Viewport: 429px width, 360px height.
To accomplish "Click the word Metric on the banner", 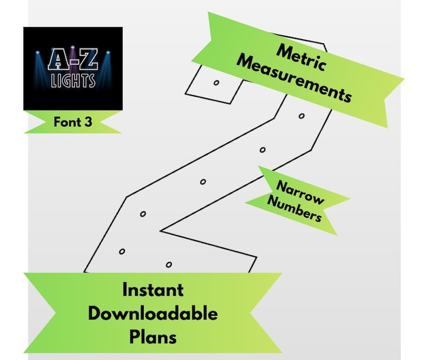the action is coord(301,58).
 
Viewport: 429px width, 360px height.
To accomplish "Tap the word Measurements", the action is coord(294,78).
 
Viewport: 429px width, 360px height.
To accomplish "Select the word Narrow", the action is coord(300,192).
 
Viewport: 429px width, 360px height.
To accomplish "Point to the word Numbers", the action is coord(294,209).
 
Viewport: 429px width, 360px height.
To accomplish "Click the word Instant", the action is coord(153,290).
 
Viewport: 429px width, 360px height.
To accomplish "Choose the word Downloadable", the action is coord(153,313).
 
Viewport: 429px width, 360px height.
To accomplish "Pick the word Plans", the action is coord(153,337).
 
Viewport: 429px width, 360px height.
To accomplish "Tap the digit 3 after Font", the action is coord(88,122).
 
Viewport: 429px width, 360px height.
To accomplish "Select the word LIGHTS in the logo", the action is coord(73,81).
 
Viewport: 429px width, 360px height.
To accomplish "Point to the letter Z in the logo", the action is coord(88,58).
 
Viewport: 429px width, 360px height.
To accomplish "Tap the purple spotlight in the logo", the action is coord(73,48).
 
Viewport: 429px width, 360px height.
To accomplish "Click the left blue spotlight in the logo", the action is coord(38,52).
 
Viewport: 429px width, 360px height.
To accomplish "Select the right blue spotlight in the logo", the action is coord(108,52).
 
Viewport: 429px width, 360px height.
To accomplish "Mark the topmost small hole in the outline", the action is coord(217,83).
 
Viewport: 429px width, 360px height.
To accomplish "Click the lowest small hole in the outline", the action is coord(169,265).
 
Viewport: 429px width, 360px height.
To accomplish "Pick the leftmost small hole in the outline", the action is coord(122,251).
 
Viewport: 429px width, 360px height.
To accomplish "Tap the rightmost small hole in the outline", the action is coord(301,116).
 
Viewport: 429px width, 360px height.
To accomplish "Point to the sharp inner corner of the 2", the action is coord(160,231).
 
